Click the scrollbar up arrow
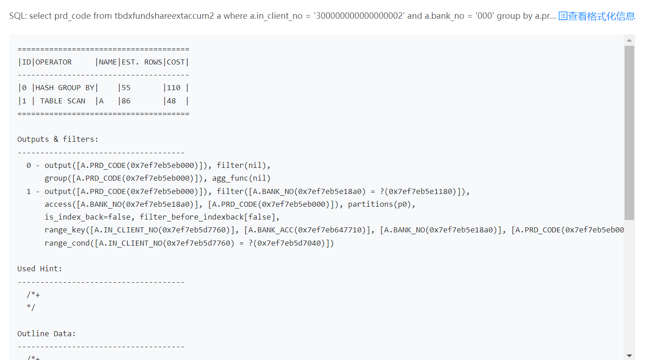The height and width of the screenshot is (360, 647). pos(629,40)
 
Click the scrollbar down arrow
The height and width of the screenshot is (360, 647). pos(629,355)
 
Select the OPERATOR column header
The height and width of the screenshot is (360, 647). pos(54,62)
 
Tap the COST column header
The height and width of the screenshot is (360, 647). pos(176,62)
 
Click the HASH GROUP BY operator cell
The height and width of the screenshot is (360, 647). pos(65,88)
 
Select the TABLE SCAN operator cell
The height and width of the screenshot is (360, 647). pos(63,101)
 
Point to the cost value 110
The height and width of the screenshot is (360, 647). pos(173,88)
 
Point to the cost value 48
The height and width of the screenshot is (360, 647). pos(171,101)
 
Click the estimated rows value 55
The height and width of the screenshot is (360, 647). pos(126,88)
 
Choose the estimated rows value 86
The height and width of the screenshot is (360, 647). pos(126,101)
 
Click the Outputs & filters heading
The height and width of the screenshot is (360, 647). pos(58,139)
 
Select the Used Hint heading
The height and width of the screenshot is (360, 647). pos(40,269)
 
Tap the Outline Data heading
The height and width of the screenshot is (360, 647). pos(47,334)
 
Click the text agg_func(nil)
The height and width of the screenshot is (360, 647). pos(241,178)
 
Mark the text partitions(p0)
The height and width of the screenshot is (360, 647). pos(382,204)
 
